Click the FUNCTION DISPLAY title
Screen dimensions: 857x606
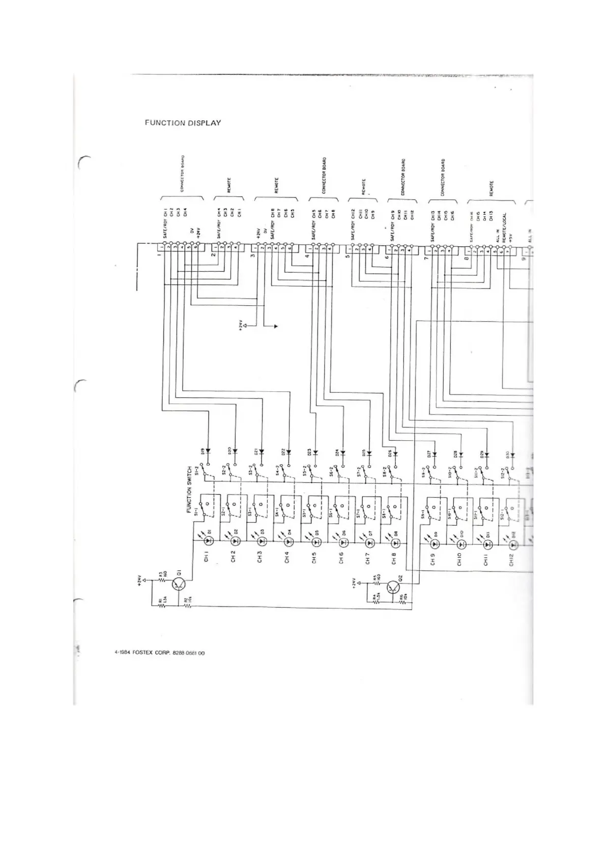click(x=183, y=123)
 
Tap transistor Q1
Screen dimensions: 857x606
click(x=179, y=584)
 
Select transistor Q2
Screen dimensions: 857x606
click(x=394, y=588)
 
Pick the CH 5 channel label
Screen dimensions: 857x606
click(x=314, y=557)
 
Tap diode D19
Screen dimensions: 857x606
click(x=208, y=451)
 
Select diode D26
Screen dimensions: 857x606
click(x=395, y=454)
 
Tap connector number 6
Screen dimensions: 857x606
click(x=387, y=256)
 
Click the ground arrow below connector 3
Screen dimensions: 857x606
click(x=275, y=326)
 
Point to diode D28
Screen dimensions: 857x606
click(x=461, y=454)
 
